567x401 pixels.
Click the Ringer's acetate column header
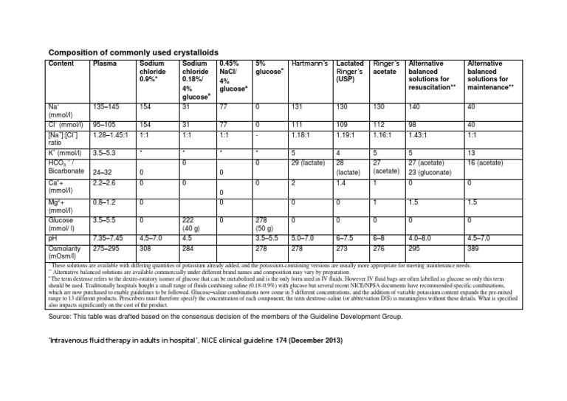[388, 69]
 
